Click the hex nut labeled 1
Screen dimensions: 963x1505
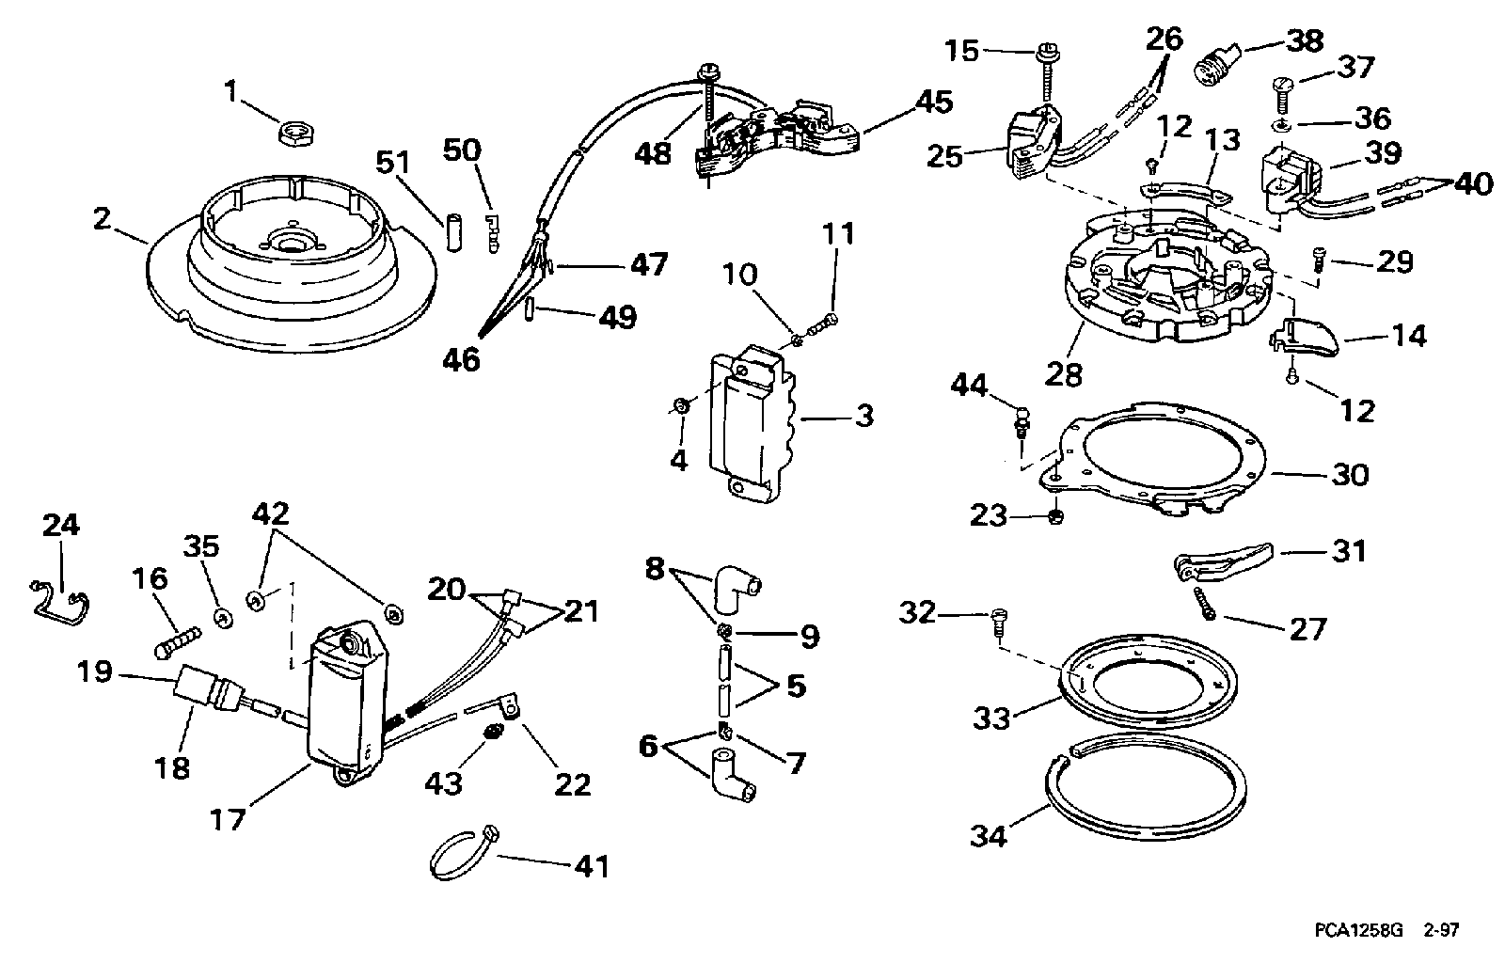click(x=296, y=132)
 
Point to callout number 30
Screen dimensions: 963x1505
click(x=1351, y=476)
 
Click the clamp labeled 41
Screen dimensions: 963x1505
click(x=463, y=845)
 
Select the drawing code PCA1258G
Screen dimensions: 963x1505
click(x=1358, y=930)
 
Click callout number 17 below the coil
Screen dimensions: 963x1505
click(x=227, y=819)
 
